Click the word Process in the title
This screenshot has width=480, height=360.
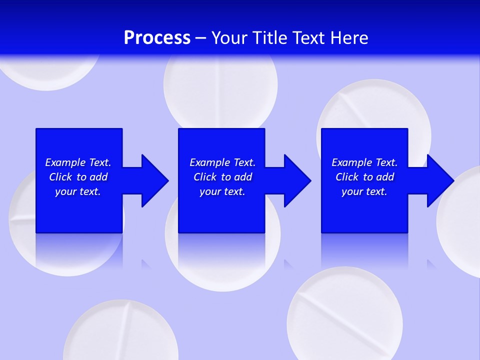(157, 38)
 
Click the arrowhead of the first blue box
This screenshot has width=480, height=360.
(154, 180)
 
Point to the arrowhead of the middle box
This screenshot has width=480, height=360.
(296, 180)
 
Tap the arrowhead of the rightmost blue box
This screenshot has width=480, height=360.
(439, 180)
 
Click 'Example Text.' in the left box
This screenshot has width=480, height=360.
(78, 162)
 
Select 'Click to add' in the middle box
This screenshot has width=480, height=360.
(222, 177)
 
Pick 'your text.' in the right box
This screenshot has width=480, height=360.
(364, 191)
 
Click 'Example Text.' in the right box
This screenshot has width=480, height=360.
(364, 162)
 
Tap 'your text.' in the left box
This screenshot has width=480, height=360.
(78, 191)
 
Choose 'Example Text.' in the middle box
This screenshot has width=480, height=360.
(222, 162)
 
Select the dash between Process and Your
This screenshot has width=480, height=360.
(201, 38)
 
